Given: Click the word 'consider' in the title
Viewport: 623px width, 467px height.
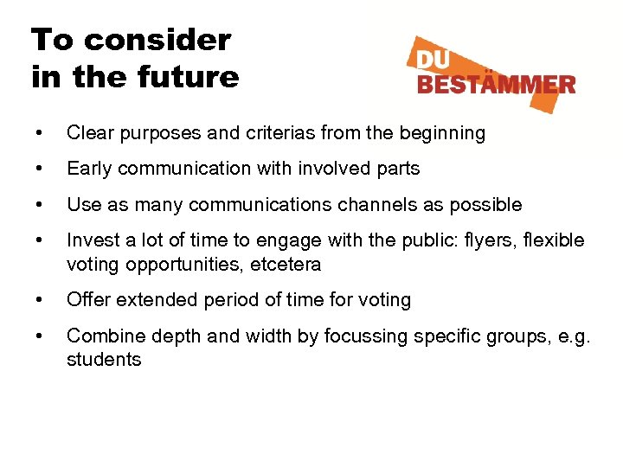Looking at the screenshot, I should pos(158,40).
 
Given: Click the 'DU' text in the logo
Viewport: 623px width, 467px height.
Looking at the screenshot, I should pos(437,61).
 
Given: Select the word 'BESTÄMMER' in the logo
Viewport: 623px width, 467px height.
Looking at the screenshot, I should pos(496,84).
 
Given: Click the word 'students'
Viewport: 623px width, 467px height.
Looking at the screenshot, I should pos(104,359).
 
